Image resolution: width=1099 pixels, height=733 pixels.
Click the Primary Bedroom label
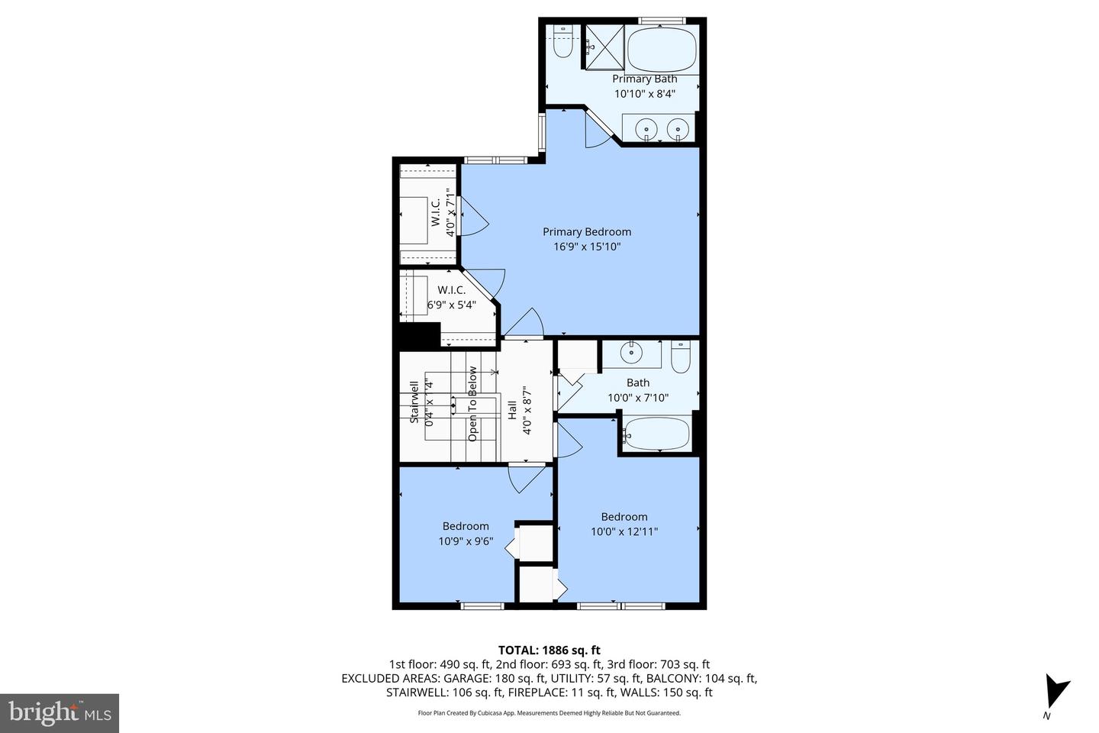pos(587,231)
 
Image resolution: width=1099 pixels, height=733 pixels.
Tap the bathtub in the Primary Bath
pos(662,48)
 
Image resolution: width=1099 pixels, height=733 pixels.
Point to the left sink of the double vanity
pos(647,128)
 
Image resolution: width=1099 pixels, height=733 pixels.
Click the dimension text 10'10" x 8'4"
pos(645,94)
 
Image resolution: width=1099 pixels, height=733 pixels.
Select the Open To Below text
pos(472,404)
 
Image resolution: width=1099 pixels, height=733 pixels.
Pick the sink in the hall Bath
pos(631,354)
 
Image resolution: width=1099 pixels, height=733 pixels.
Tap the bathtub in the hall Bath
pos(657,434)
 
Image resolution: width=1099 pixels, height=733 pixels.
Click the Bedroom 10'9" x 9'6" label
pos(466,533)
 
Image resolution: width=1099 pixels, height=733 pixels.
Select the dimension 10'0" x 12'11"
pos(624,531)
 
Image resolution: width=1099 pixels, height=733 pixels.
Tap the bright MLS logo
pos(59,713)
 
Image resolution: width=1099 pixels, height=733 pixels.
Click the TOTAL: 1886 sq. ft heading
pos(549,650)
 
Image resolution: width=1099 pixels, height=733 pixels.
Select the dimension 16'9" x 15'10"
pos(587,247)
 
